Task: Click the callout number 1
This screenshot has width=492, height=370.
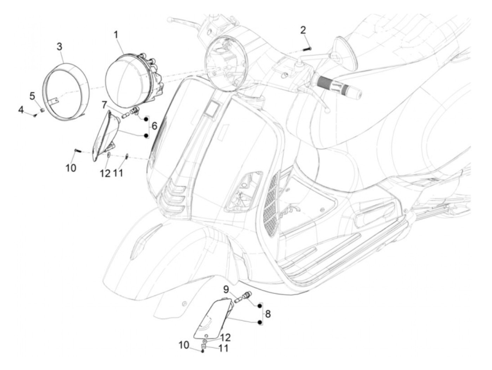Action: [x=116, y=36]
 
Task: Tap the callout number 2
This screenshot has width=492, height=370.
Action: [x=303, y=30]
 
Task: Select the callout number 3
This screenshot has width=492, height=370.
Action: [x=59, y=47]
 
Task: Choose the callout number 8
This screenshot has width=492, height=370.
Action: [x=268, y=314]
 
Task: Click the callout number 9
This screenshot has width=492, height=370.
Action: [x=226, y=290]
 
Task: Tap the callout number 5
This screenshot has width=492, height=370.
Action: [x=32, y=96]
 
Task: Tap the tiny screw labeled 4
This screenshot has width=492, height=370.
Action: [x=35, y=115]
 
